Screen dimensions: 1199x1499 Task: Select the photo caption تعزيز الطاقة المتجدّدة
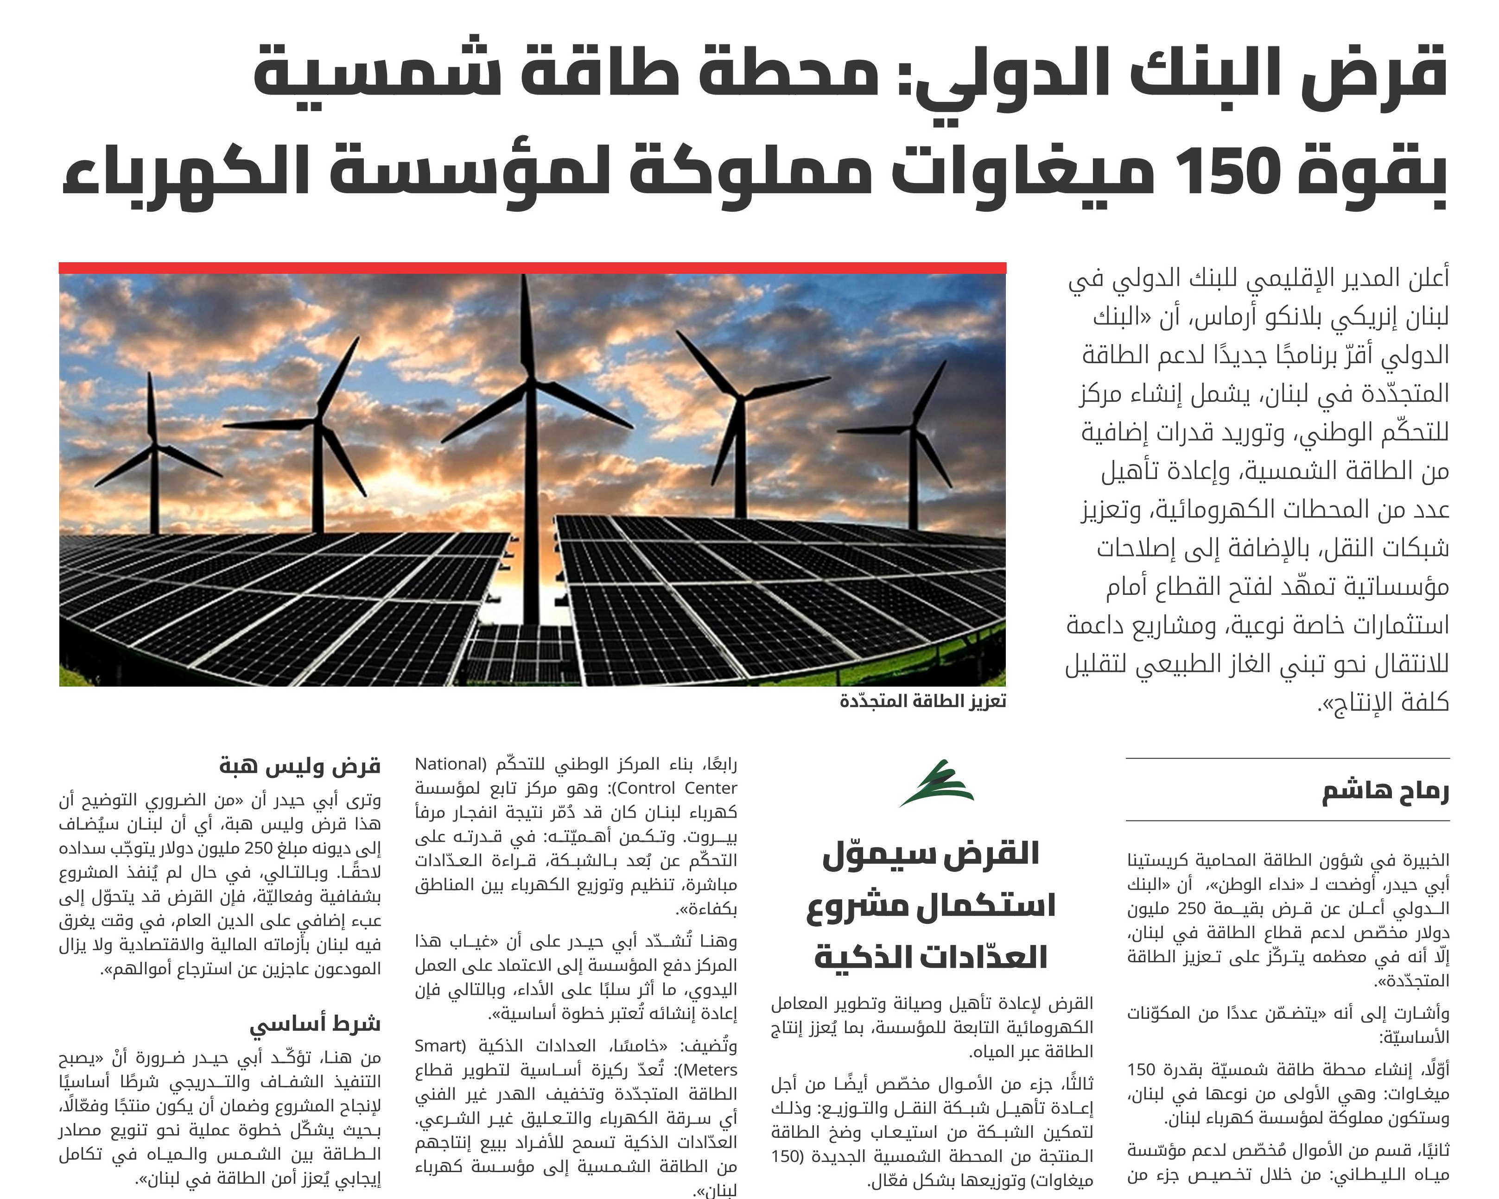pyautogui.click(x=922, y=701)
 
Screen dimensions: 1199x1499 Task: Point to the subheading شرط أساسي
pyautogui.click(x=315, y=1024)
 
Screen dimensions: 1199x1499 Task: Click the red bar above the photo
pyautogui.click(x=532, y=268)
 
